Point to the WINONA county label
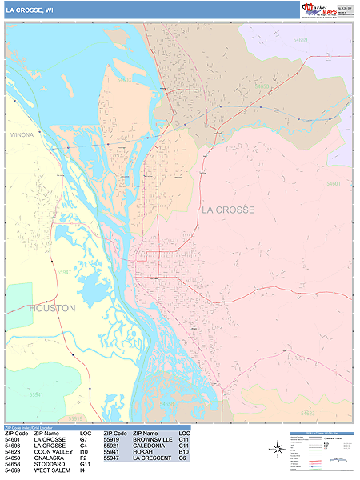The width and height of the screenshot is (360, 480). click(x=22, y=135)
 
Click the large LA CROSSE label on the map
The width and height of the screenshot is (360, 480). click(x=228, y=210)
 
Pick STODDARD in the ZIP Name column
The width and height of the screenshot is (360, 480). click(x=50, y=464)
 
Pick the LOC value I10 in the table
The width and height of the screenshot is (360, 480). click(x=84, y=451)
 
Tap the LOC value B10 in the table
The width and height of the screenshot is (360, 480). click(x=183, y=451)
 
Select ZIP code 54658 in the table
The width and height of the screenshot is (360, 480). click(x=13, y=464)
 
